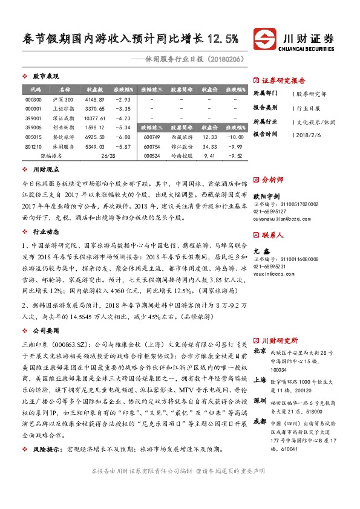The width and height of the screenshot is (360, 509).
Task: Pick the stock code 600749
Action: [x=151, y=137]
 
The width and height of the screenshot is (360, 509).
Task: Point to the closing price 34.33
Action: [x=209, y=147]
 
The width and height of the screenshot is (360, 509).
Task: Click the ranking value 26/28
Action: [x=108, y=156]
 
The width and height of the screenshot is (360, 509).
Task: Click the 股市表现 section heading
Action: [x=46, y=77]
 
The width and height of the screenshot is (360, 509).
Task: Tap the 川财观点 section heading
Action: [x=46, y=170]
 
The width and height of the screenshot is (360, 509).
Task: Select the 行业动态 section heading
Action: [x=46, y=231]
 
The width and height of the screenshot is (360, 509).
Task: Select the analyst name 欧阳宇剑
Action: [x=266, y=196]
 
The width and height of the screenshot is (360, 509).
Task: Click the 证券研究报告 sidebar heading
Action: [x=283, y=80]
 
